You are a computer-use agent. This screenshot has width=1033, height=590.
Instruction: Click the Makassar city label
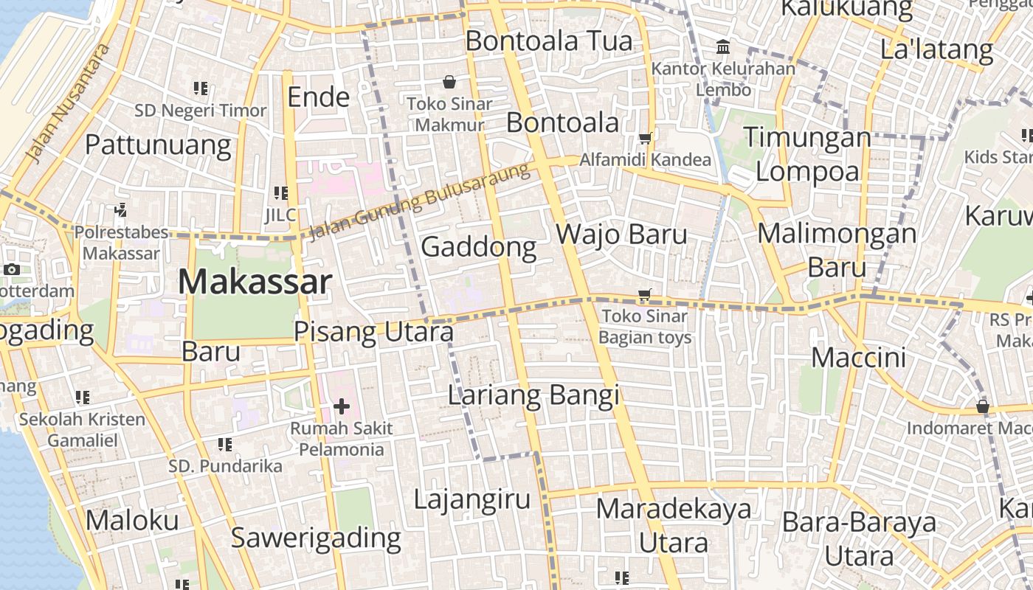(x=255, y=282)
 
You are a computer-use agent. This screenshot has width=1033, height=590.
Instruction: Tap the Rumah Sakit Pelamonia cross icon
(x=341, y=406)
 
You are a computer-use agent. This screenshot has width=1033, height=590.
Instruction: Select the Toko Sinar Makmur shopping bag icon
(x=449, y=82)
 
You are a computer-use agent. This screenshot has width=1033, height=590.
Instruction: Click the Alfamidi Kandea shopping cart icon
(x=646, y=138)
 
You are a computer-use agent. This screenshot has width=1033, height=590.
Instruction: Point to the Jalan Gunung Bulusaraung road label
(x=419, y=201)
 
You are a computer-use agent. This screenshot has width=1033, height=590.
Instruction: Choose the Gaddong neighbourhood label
(x=478, y=246)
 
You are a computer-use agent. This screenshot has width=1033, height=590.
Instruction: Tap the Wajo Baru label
(x=621, y=235)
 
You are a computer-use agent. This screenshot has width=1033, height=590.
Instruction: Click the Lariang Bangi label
(x=533, y=396)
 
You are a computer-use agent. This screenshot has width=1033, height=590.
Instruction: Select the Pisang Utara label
(x=373, y=333)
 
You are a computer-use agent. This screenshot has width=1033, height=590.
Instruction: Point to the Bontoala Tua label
(x=549, y=41)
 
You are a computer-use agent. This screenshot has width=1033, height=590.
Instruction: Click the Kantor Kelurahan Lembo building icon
(x=723, y=48)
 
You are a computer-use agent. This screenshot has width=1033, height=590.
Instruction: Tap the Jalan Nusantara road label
(x=67, y=103)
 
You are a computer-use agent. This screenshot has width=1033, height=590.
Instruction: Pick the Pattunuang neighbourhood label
(x=158, y=145)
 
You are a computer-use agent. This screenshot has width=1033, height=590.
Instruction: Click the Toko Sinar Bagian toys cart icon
(x=644, y=295)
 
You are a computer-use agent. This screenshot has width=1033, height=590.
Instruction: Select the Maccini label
(x=858, y=358)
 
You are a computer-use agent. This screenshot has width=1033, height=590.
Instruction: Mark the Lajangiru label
(x=471, y=499)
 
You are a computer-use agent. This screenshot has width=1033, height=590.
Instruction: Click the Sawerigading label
(x=316, y=538)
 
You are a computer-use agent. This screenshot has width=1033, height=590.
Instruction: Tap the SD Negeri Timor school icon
(x=200, y=88)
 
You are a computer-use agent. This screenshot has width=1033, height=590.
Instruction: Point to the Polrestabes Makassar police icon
(x=121, y=210)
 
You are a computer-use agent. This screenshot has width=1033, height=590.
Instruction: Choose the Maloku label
(x=132, y=521)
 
